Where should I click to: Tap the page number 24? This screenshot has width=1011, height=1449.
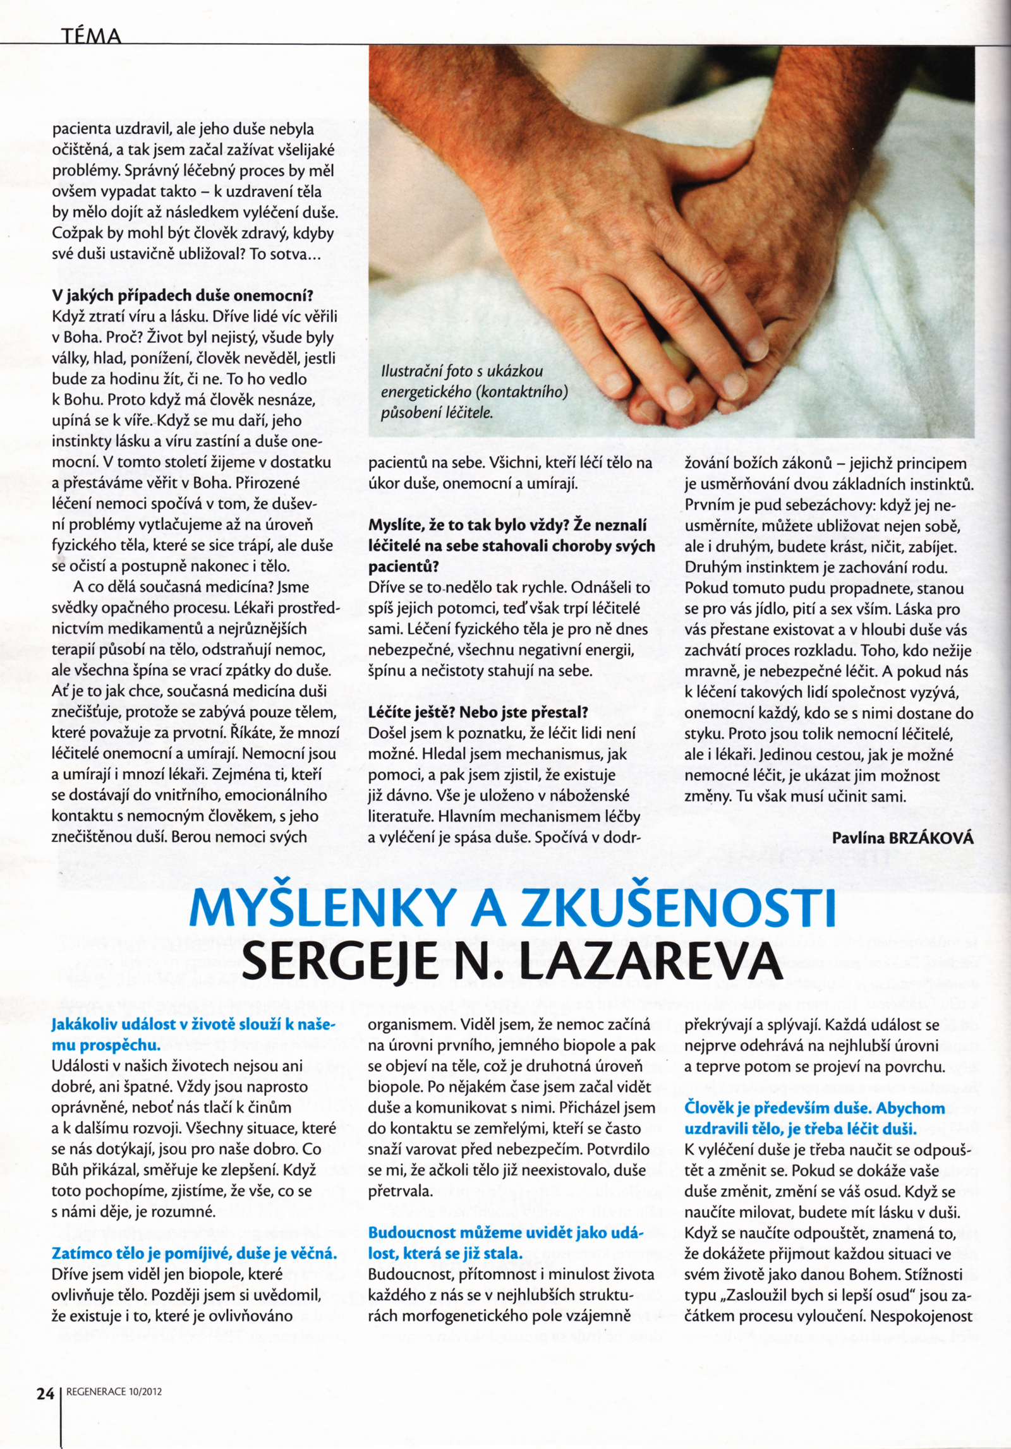[45, 1392]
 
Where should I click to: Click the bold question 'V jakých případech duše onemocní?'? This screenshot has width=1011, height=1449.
[183, 296]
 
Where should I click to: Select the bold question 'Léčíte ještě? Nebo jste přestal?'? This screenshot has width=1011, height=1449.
[478, 712]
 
